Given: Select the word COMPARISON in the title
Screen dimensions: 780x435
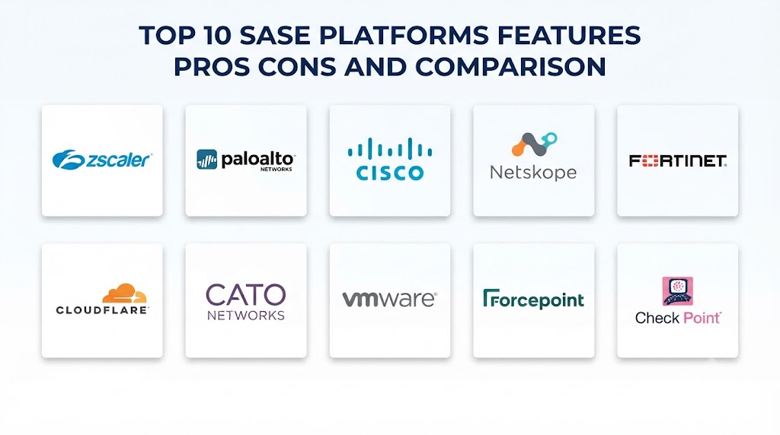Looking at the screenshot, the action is pyautogui.click(x=510, y=66).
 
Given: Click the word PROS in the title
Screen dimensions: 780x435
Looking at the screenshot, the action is pyautogui.click(x=211, y=66).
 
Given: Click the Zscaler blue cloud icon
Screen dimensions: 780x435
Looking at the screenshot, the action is pyautogui.click(x=69, y=160).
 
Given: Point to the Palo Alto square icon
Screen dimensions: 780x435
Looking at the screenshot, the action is pyautogui.click(x=207, y=160).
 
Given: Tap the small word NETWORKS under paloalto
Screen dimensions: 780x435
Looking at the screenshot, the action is pyautogui.click(x=277, y=170).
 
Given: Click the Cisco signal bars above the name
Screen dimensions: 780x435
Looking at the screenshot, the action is pyautogui.click(x=389, y=149).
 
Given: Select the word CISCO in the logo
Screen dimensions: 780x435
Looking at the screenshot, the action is pyautogui.click(x=390, y=173).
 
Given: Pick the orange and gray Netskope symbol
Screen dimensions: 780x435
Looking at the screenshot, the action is pyautogui.click(x=534, y=144).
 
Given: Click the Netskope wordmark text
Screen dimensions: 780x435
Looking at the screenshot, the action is pyautogui.click(x=533, y=173).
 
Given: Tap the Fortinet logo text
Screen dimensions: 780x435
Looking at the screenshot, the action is pyautogui.click(x=677, y=161).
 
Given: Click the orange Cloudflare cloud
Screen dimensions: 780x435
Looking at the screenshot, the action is pyautogui.click(x=124, y=294).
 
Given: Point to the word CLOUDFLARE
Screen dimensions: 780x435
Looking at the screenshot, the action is pyautogui.click(x=102, y=310).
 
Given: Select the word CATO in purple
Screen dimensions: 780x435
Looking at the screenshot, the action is pyautogui.click(x=246, y=296).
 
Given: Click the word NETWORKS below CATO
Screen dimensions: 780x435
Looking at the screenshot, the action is pyautogui.click(x=246, y=316).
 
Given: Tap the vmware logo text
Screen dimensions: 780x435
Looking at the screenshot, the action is pyautogui.click(x=389, y=299).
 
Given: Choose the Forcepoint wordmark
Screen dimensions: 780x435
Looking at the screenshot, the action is pyautogui.click(x=533, y=300).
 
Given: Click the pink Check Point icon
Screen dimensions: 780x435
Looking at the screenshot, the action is pyautogui.click(x=677, y=291).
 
